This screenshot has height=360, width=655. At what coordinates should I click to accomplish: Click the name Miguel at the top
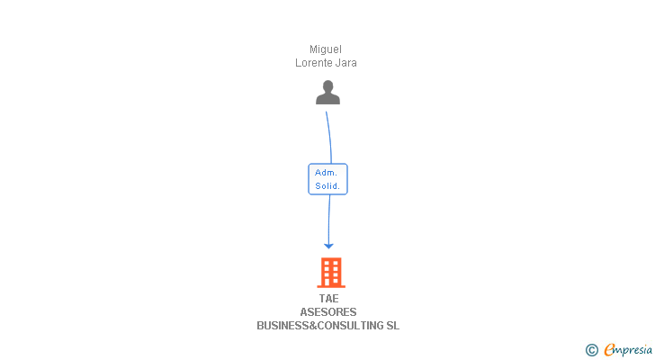tap(326, 49)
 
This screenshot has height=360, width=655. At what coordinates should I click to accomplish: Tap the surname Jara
tap(346, 63)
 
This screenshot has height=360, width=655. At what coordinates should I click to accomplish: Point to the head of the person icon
tap(327, 86)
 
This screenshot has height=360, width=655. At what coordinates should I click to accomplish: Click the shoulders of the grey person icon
tap(327, 98)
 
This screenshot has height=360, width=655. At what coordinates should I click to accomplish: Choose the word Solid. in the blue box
tap(327, 186)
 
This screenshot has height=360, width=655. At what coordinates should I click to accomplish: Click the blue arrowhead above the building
tap(328, 245)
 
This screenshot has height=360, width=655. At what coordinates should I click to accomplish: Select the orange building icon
tap(330, 272)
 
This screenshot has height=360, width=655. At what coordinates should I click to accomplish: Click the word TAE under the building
tap(328, 299)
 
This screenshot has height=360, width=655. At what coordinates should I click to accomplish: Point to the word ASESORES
tap(328, 312)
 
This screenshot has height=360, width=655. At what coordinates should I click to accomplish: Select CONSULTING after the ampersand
tap(351, 326)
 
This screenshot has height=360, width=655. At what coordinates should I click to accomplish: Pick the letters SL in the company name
tap(392, 326)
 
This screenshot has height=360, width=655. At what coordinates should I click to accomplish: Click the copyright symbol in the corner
tap(591, 350)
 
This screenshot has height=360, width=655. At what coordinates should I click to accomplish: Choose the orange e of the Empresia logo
tap(609, 350)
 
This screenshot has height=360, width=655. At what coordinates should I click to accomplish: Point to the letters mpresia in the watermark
tap(633, 349)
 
